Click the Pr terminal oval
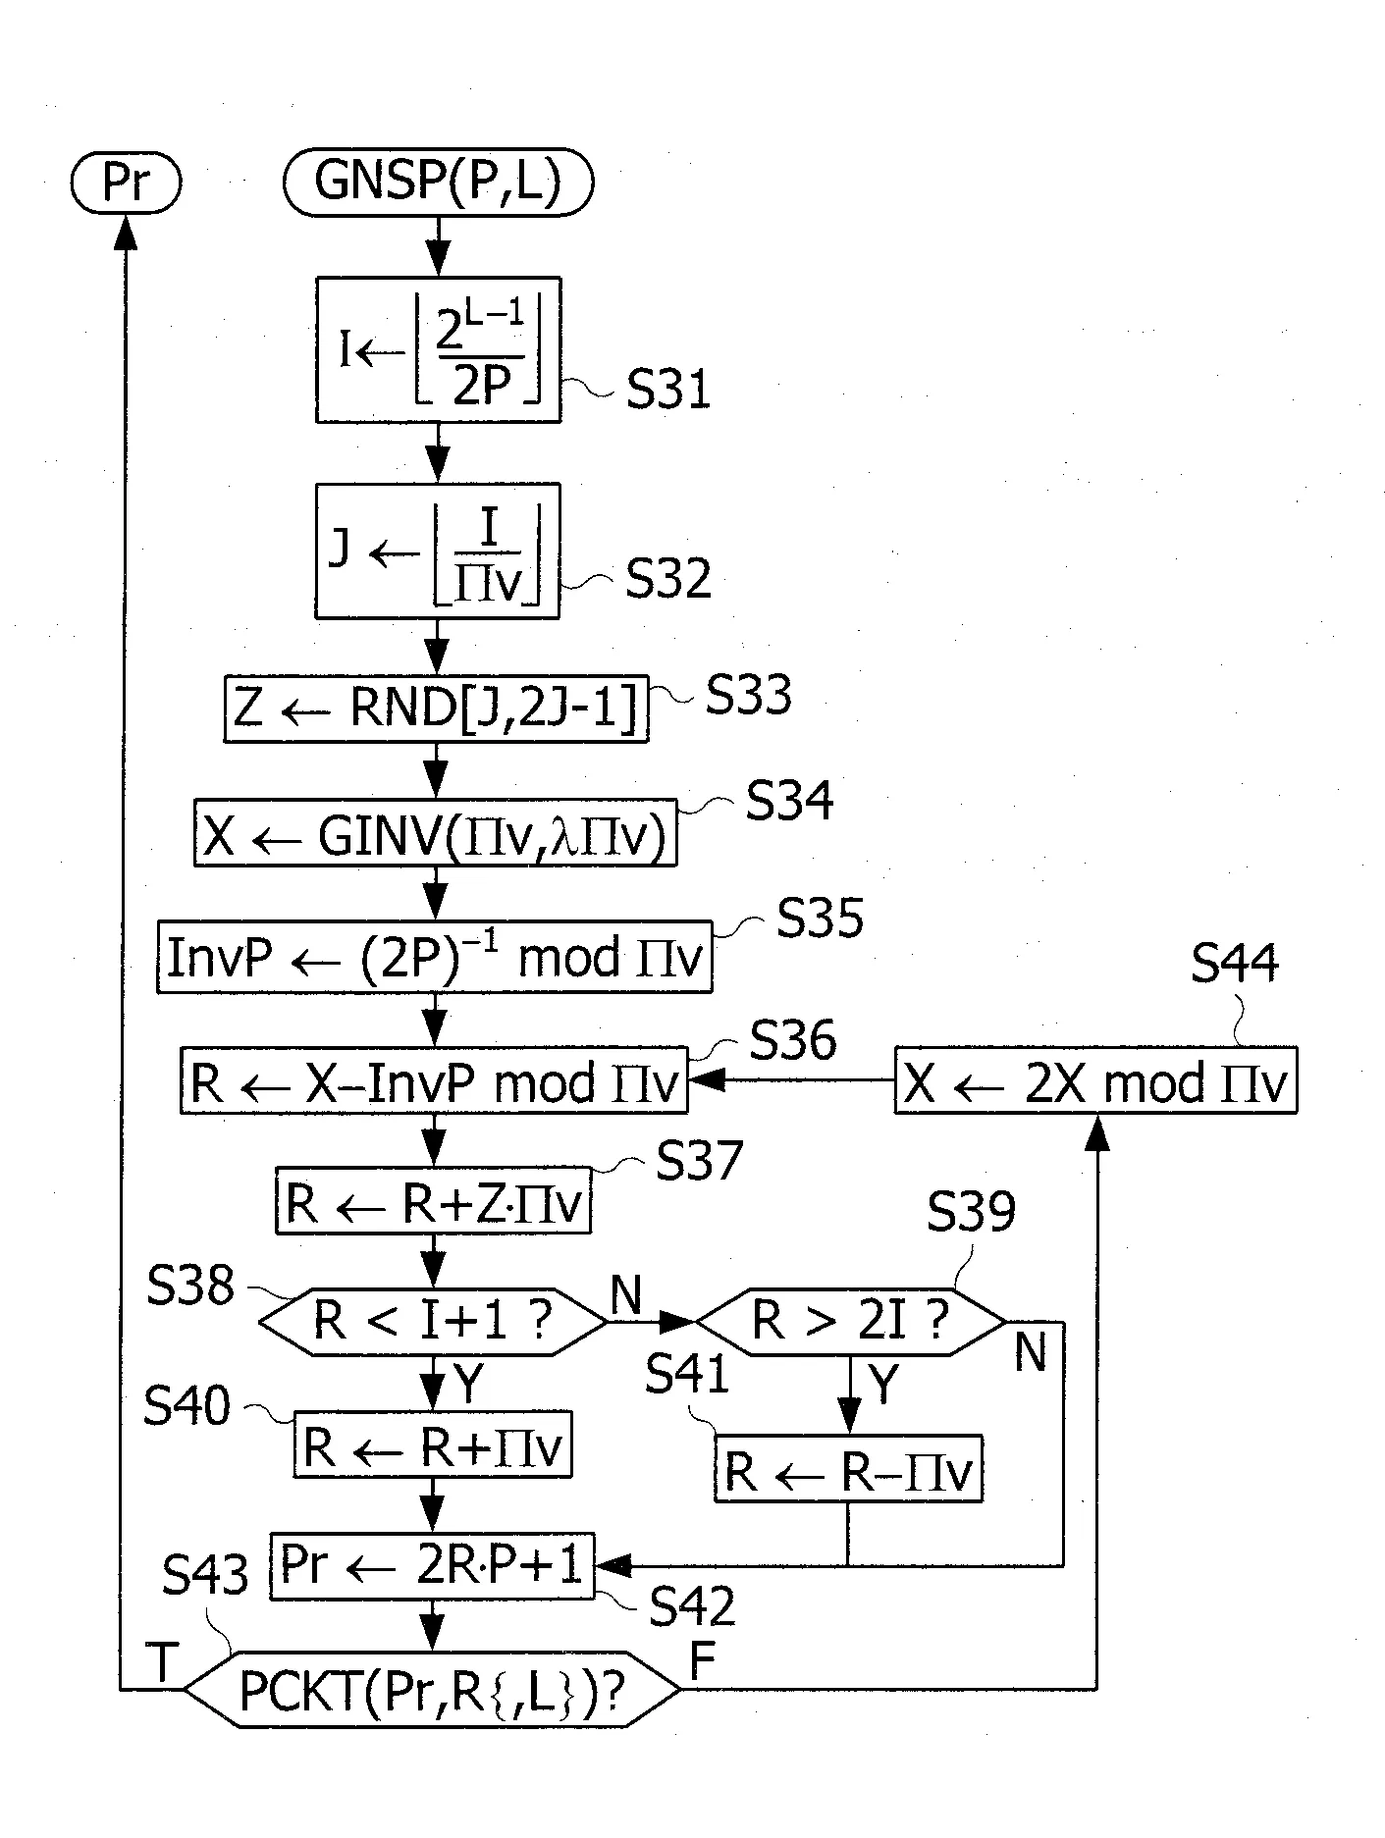[126, 183]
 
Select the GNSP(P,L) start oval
[438, 183]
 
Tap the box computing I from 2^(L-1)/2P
[438, 349]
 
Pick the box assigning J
[437, 551]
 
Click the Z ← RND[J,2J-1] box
[436, 709]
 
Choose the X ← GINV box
[436, 833]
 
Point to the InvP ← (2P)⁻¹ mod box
[435, 957]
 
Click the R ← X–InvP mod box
[434, 1080]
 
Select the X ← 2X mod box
[1095, 1080]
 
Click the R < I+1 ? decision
[433, 1322]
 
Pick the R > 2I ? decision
[850, 1322]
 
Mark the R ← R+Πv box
[433, 1444]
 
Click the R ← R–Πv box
[849, 1468]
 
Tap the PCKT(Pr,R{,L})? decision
[432, 1690]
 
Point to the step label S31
[669, 391]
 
